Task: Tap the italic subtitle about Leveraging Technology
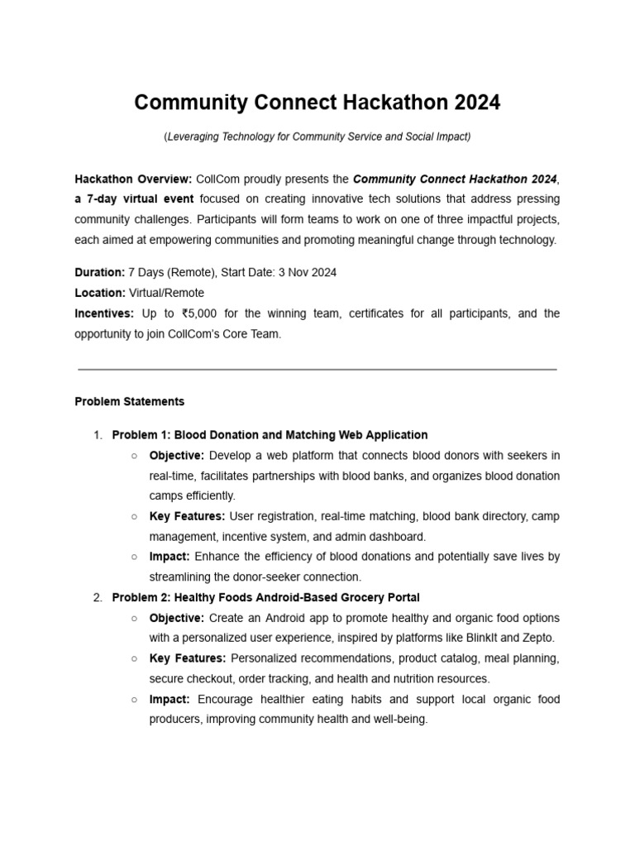coord(317,136)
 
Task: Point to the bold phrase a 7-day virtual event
coord(134,199)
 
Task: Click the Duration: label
coord(100,272)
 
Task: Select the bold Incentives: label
coord(104,313)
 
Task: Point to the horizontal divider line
coord(317,369)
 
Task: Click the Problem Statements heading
coord(130,401)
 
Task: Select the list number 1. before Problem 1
coord(97,435)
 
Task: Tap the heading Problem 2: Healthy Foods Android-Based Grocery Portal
coord(265,597)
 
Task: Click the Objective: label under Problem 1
coord(177,456)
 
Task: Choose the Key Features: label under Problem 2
coord(188,658)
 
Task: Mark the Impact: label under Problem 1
coord(169,557)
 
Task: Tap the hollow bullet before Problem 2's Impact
coord(134,700)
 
